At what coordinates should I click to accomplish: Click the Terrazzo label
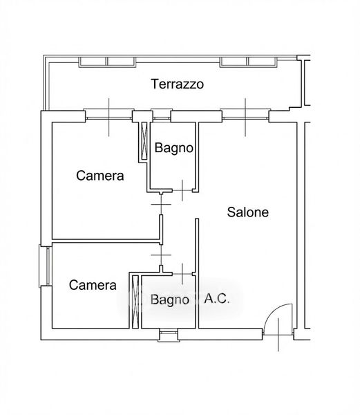178,84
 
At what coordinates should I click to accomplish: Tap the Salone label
247,212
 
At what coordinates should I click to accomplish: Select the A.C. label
217,299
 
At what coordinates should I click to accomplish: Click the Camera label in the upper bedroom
100,176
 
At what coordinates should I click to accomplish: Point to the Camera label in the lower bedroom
93,285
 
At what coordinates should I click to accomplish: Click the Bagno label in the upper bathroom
174,148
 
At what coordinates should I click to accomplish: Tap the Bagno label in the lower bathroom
170,299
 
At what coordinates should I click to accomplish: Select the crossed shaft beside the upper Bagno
144,141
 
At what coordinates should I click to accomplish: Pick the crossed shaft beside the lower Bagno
135,302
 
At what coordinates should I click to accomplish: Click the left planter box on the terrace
107,62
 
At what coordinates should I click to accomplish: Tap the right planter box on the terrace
249,62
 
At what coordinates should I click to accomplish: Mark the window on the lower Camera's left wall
45,266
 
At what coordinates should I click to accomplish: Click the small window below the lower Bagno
169,335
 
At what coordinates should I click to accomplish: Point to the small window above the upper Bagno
162,116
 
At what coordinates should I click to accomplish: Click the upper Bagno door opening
182,190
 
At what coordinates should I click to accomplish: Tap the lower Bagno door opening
182,274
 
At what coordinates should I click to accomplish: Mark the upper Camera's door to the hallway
161,204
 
